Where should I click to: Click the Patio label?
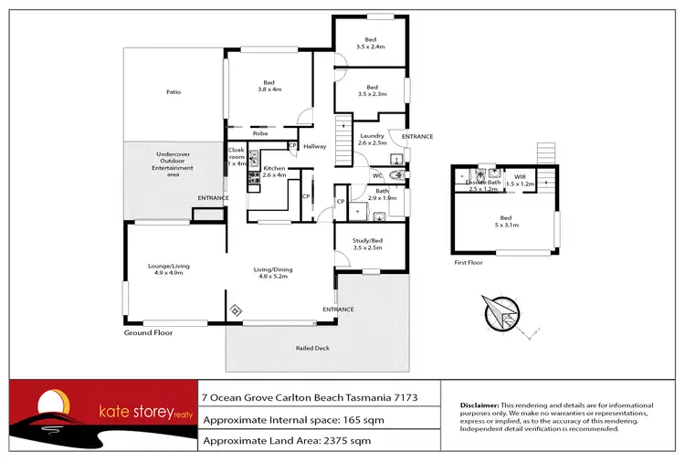pos(173,92)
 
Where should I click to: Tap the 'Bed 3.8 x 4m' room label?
pos(269,85)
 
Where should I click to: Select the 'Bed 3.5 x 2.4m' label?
pos(371,43)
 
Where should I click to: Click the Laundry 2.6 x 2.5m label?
pos(372,139)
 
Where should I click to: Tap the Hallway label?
pos(315,146)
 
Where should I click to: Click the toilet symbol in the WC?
pos(395,175)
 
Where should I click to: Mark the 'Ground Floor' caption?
pos(148,333)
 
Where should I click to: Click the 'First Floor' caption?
pos(469,262)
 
